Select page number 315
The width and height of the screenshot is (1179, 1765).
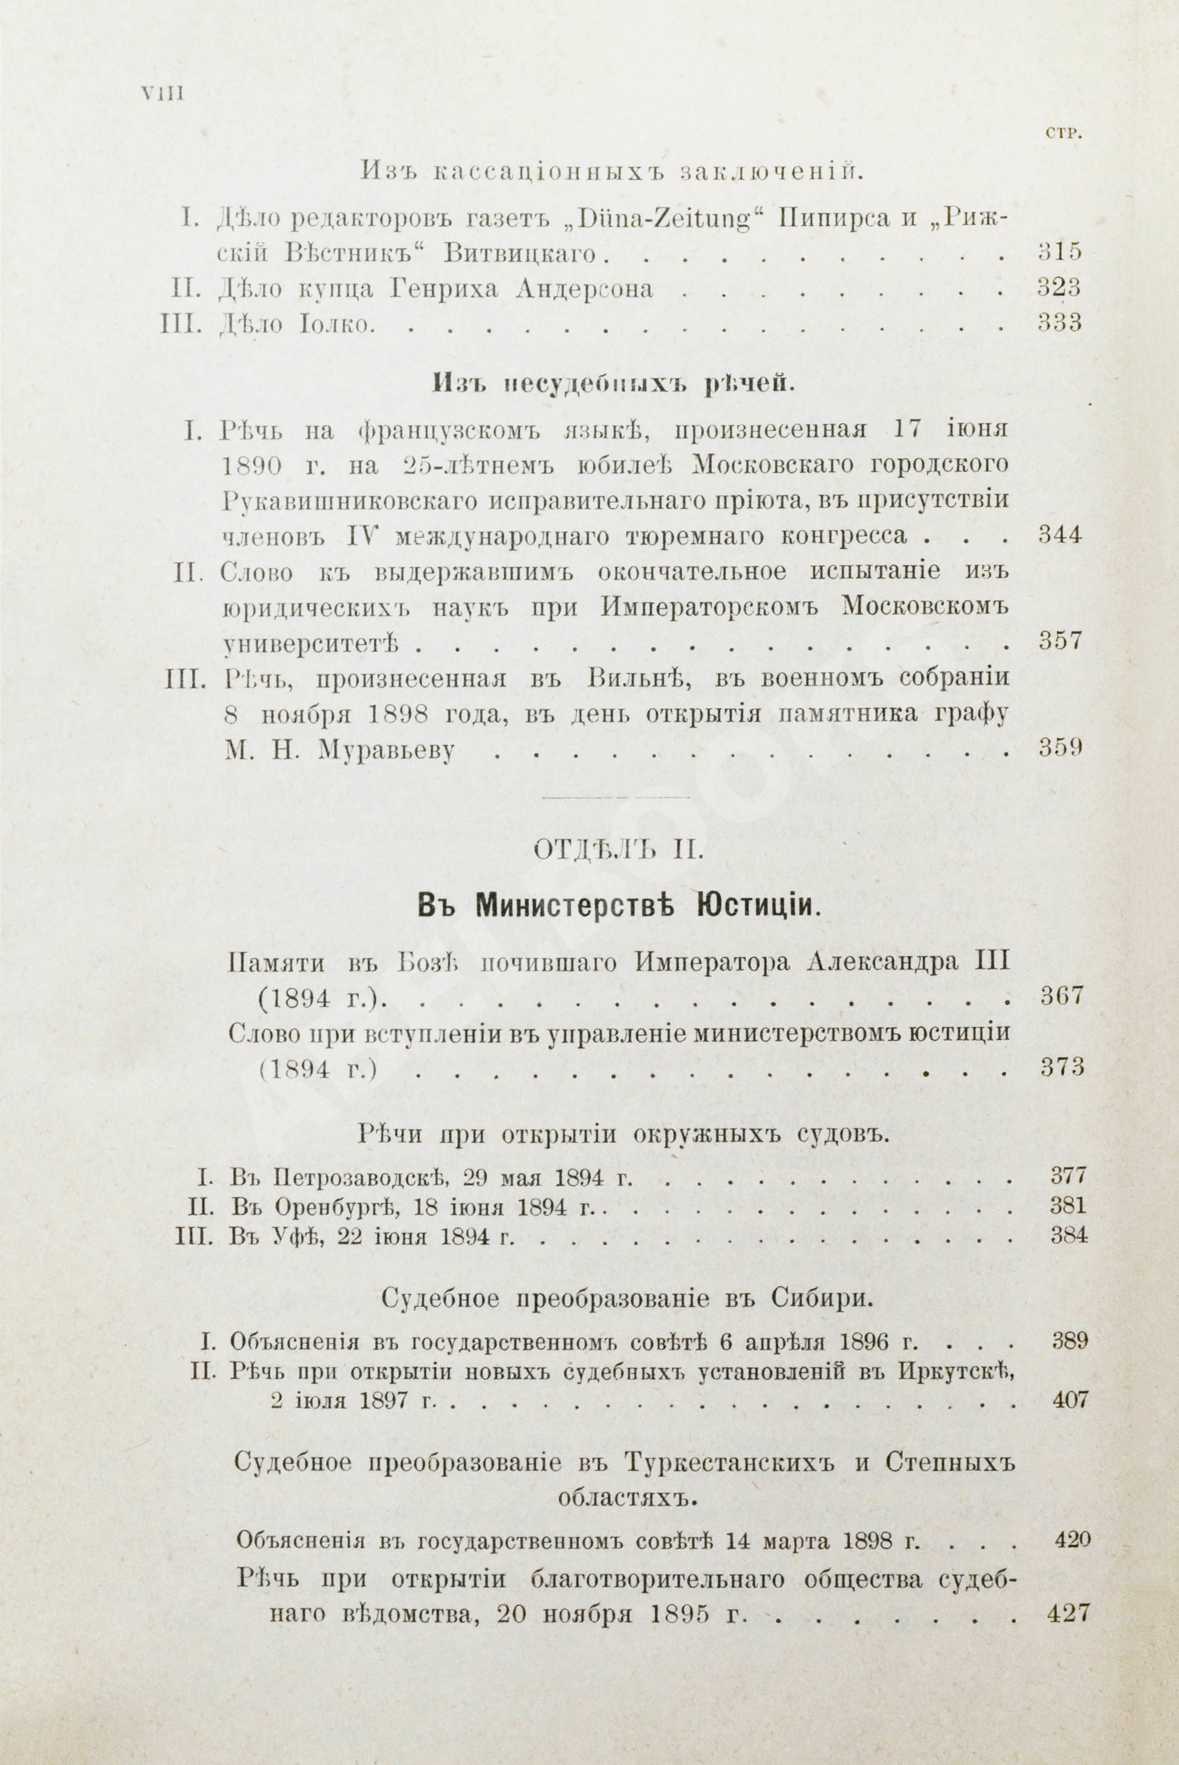[1059, 251]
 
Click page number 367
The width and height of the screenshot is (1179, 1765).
[1062, 996]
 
